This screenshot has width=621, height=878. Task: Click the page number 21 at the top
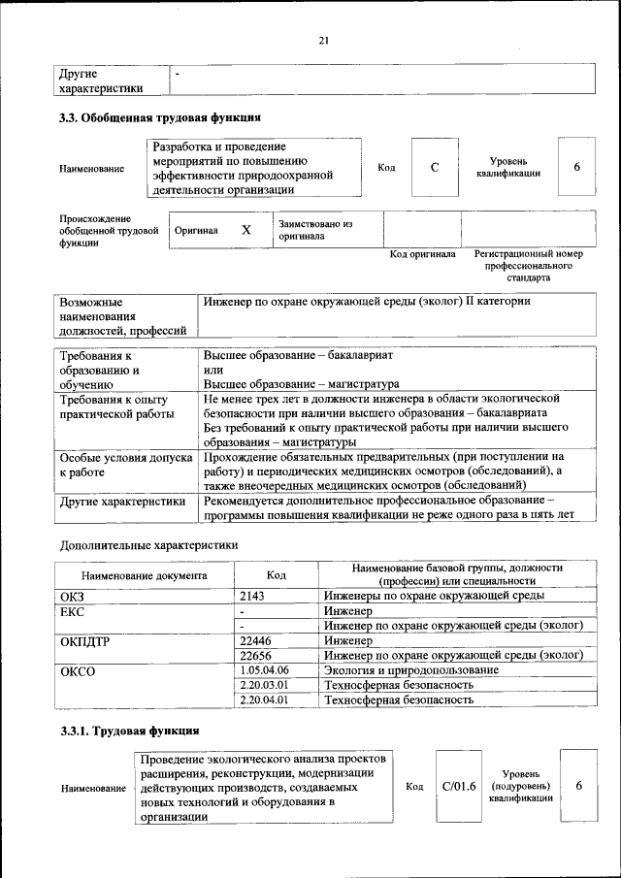click(x=324, y=40)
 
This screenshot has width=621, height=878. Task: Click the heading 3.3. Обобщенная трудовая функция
click(x=160, y=118)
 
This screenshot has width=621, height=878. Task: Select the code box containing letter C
click(x=435, y=168)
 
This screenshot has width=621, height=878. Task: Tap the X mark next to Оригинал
click(x=245, y=230)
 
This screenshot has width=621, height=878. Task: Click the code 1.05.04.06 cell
click(x=263, y=670)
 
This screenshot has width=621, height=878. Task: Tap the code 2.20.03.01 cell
click(x=263, y=685)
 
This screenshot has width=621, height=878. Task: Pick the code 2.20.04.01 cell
click(x=263, y=699)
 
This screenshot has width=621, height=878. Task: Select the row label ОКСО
click(x=79, y=670)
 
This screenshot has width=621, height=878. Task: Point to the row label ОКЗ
click(x=73, y=596)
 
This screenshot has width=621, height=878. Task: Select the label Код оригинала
click(x=422, y=254)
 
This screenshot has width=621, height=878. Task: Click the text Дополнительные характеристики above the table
click(x=148, y=544)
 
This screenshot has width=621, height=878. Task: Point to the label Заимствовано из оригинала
click(x=314, y=230)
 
